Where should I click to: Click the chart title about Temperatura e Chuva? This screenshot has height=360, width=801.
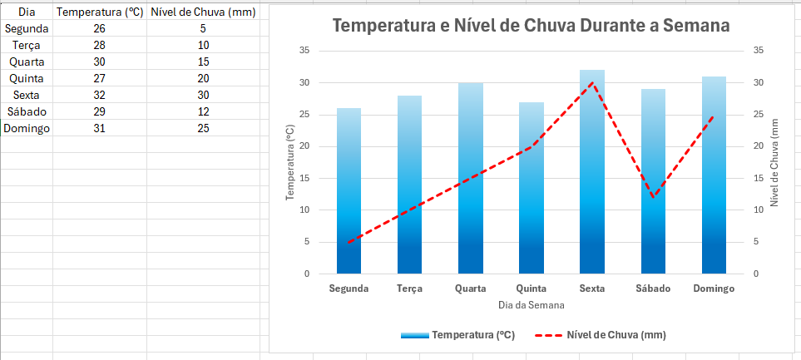531,26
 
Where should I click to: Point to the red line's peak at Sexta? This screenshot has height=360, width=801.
591,82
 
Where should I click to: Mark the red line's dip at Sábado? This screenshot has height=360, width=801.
653,197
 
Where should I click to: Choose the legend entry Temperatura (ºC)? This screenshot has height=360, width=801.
457,335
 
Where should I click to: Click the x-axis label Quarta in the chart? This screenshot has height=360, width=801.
471,289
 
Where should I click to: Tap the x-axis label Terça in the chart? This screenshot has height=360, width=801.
409,289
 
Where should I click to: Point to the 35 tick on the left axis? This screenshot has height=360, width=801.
304,51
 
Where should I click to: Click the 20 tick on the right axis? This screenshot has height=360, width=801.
758,146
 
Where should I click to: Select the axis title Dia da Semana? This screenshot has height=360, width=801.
531,305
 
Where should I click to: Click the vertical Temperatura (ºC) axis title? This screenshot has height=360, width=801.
290,162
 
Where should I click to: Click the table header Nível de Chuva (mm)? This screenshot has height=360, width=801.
203,12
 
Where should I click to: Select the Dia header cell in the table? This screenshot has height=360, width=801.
27,12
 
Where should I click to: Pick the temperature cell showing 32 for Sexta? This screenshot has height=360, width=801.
100,95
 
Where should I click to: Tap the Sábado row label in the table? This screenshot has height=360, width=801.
27,111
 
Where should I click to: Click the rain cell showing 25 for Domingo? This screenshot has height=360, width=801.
203,128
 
